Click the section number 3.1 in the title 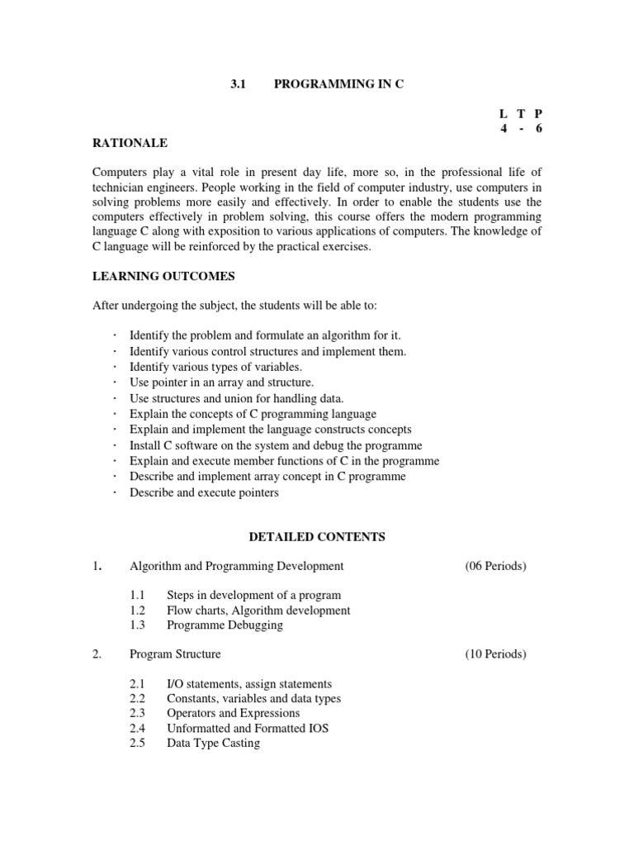[239, 86]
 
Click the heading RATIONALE [131, 143]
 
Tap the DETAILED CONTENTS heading [317, 537]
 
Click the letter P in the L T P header [538, 113]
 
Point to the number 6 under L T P [538, 128]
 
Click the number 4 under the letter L [503, 128]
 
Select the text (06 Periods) [495, 566]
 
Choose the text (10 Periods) [495, 654]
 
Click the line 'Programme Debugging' [225, 625]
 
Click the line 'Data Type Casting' [213, 744]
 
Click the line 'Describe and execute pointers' [204, 493]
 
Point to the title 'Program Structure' [175, 654]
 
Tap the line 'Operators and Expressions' [233, 714]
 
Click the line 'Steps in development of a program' [253, 596]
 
